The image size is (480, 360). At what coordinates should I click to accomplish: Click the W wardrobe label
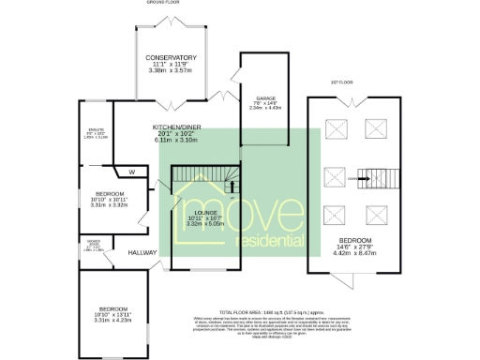[132, 171]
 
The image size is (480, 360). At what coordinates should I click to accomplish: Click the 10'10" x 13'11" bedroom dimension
[115, 314]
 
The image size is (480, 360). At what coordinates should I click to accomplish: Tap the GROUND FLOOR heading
[162, 3]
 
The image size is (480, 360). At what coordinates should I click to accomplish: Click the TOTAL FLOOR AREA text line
[272, 309]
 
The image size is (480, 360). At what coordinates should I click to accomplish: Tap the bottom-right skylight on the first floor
[379, 212]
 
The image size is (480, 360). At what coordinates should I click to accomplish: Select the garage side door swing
[223, 95]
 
